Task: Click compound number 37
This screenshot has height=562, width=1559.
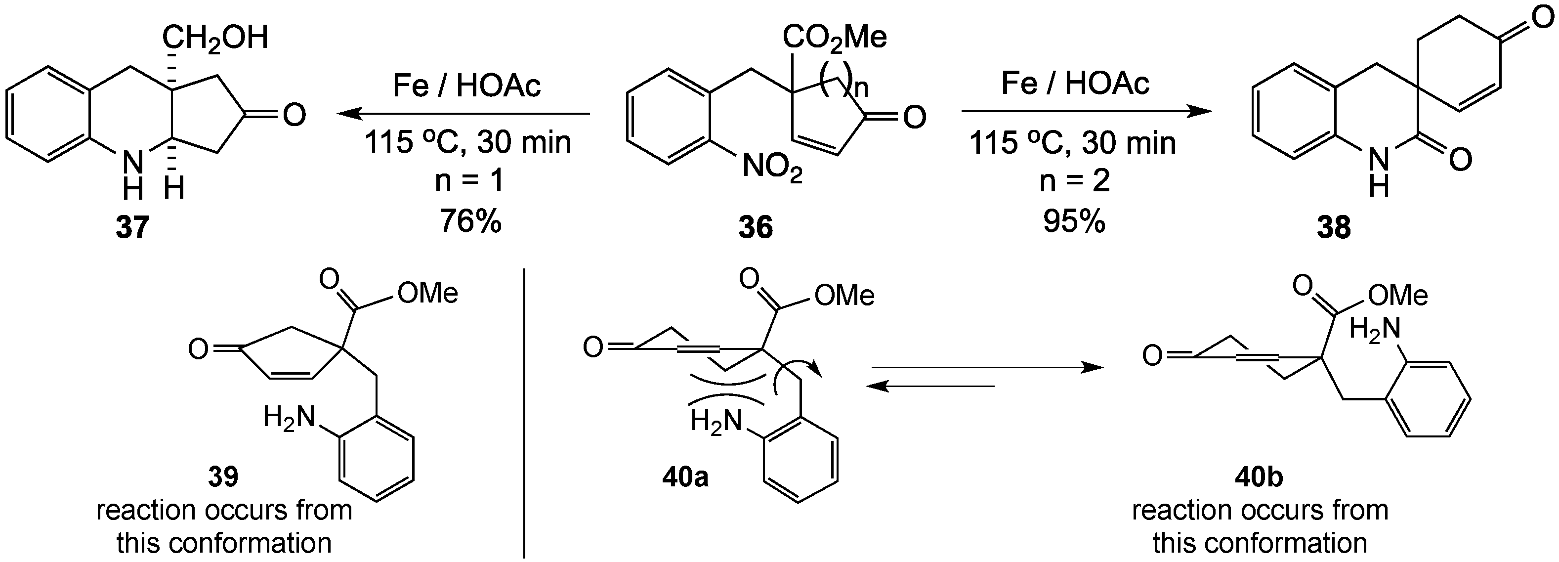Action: (x=132, y=228)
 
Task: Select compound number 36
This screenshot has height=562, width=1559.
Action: (x=756, y=228)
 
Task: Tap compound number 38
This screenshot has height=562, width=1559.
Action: (x=1333, y=228)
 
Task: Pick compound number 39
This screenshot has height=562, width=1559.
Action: (x=223, y=477)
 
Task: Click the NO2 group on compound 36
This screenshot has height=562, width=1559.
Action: (x=772, y=167)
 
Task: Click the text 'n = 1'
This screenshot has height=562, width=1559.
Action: (x=469, y=181)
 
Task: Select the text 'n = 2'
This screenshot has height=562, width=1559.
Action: (x=1074, y=181)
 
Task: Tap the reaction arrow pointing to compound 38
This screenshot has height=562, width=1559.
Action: (x=1086, y=111)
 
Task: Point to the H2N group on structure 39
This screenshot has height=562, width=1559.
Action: (x=289, y=418)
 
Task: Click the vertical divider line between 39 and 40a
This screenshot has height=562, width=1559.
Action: (x=524, y=412)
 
